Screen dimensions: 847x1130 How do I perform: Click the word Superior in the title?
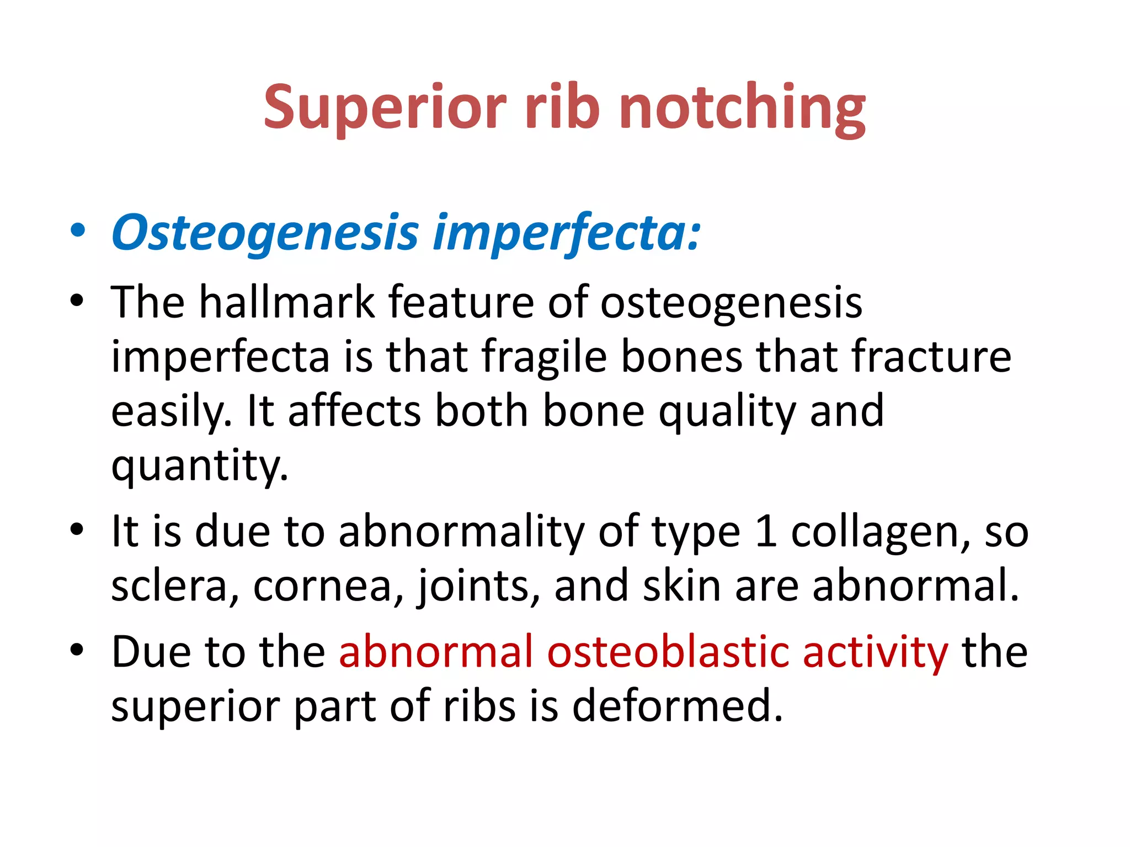[385, 108]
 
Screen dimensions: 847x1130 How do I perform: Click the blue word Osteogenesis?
[265, 233]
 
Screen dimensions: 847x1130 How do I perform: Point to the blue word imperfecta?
[567, 233]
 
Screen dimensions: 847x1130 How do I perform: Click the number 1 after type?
[766, 532]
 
